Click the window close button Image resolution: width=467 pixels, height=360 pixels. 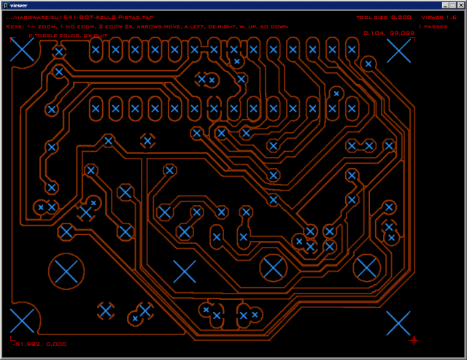click(460, 5)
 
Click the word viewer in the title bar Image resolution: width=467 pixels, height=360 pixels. click(19, 5)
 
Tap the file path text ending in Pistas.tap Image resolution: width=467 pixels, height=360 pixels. click(80, 17)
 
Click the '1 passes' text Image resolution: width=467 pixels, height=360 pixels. click(433, 26)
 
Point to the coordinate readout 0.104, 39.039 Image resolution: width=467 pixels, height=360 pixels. click(388, 33)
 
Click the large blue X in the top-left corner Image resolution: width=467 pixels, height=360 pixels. click(23, 50)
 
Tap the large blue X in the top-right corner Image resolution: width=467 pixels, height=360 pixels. click(398, 50)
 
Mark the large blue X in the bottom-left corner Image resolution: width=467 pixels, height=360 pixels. click(23, 321)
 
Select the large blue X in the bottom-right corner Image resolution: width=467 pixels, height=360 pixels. click(398, 323)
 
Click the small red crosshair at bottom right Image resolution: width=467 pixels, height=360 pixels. click(414, 340)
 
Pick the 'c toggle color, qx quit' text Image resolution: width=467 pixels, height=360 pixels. click(68, 35)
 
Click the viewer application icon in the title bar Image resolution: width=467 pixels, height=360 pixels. click(5, 5)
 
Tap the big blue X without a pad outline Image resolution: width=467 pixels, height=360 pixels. click(185, 272)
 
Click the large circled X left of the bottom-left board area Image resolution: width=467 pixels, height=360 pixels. click(66, 272)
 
